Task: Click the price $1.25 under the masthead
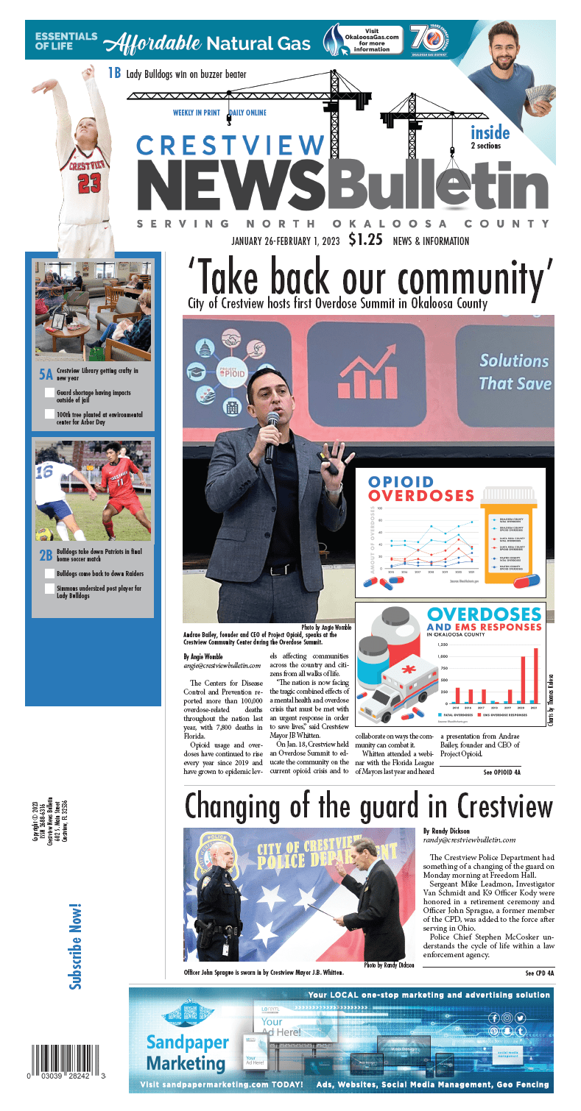(x=365, y=239)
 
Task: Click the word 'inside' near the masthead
(x=490, y=133)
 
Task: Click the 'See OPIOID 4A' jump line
(x=501, y=773)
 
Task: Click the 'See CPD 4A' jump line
(x=539, y=973)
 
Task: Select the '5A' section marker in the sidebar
(x=46, y=374)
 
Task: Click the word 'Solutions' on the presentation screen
(x=514, y=361)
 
